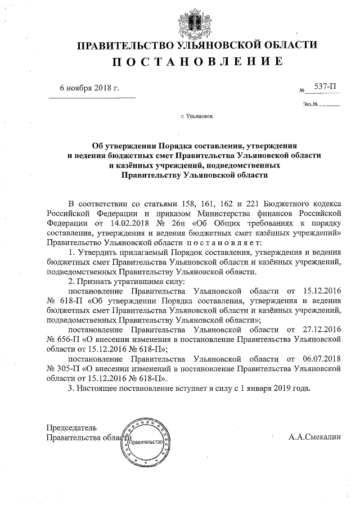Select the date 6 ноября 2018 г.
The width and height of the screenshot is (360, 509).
point(89,88)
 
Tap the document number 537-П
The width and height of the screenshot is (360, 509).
point(324,87)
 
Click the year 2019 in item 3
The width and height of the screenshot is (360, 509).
point(277,389)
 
